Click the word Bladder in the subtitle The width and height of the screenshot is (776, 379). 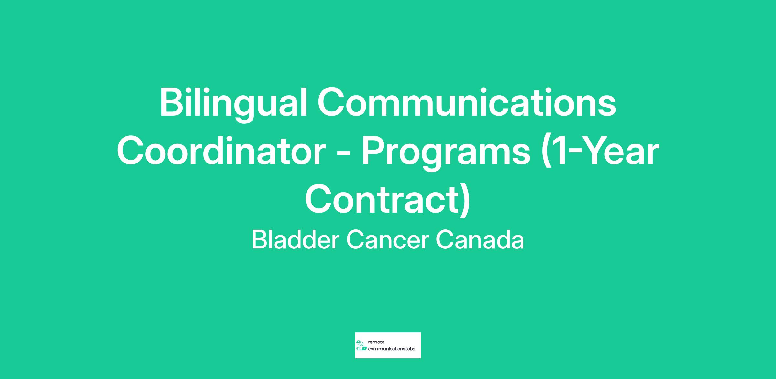296,239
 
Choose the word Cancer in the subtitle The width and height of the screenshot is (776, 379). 388,240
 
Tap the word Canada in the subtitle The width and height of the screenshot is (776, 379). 480,240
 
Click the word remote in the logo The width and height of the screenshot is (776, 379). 376,342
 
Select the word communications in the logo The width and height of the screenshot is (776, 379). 386,349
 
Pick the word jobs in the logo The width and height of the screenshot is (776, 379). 410,349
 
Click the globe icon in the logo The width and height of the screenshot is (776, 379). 358,342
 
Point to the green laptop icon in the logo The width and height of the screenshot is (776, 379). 364,349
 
